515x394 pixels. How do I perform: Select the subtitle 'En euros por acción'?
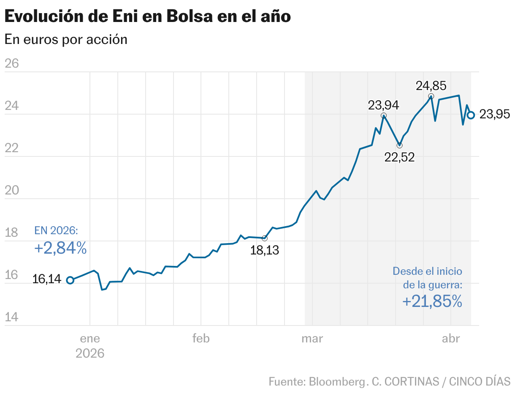66,39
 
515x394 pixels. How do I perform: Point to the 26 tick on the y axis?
12,63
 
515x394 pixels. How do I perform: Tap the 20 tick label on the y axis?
12,190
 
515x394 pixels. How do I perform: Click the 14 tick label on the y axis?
12,317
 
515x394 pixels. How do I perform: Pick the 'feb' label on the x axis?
201,339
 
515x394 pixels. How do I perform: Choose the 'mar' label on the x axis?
312,339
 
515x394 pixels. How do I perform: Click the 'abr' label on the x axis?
451,339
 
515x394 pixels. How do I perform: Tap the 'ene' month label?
90,339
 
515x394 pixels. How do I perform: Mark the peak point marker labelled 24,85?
431,96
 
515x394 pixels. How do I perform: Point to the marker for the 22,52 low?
399,145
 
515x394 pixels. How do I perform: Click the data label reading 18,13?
265,250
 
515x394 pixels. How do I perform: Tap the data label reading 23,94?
383,105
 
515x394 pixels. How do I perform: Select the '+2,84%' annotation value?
60,249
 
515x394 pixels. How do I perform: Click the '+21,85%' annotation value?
432,301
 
